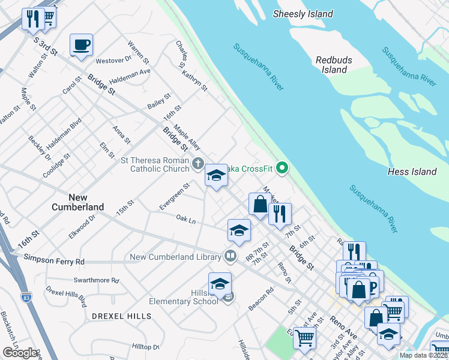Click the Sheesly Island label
click(303, 14)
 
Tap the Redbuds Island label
click(334, 65)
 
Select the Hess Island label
click(412, 172)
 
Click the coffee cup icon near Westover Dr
click(81, 45)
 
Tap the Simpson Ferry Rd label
click(55, 262)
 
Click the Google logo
click(20, 353)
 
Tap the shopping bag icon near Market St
click(261, 204)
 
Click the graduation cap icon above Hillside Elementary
click(220, 283)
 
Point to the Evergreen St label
click(175, 196)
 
